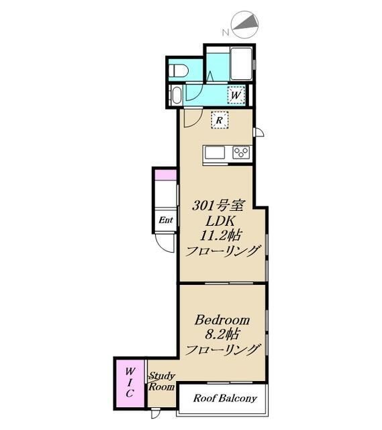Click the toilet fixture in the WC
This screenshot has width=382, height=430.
click(179, 71)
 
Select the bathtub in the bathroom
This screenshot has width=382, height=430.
click(242, 64)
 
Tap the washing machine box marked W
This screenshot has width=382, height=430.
click(236, 95)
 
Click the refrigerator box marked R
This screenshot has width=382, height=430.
click(220, 120)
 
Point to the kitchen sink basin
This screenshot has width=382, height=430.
click(215, 153)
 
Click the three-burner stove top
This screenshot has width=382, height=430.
click(241, 153)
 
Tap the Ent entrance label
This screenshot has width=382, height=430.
click(166, 220)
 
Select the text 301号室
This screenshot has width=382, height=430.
click(218, 206)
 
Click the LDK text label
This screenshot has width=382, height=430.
click(220, 221)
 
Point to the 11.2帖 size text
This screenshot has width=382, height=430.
click(221, 235)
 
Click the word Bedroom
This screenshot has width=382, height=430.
click(222, 320)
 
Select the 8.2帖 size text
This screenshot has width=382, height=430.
click(222, 335)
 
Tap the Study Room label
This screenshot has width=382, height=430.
click(162, 381)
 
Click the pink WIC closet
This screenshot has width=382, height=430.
click(130, 384)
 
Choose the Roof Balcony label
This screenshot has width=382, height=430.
click(225, 398)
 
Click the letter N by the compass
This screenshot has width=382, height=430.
click(226, 33)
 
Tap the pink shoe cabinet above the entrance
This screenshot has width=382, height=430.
click(166, 175)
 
